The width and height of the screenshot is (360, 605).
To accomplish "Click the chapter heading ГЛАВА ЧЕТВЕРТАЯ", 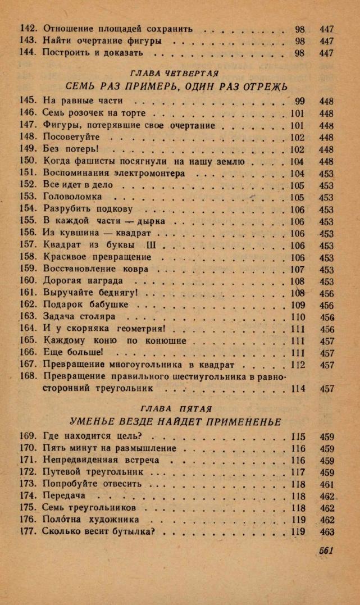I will point(174,74).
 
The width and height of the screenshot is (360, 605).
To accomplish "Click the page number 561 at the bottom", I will point(326,551).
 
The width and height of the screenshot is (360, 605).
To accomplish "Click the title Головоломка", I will point(72,198).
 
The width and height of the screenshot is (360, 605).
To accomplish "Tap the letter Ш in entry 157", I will point(151,245).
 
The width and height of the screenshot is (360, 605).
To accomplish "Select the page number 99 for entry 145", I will point(299,102).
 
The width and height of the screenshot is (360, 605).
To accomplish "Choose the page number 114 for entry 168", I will point(298,388).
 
